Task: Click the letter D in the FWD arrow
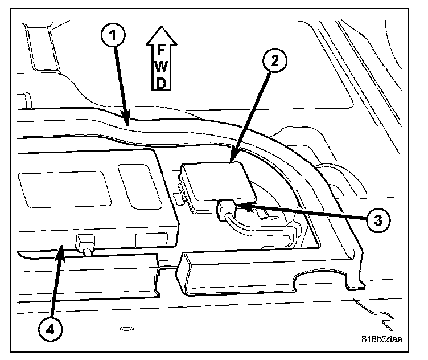pyautogui.click(x=162, y=83)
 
